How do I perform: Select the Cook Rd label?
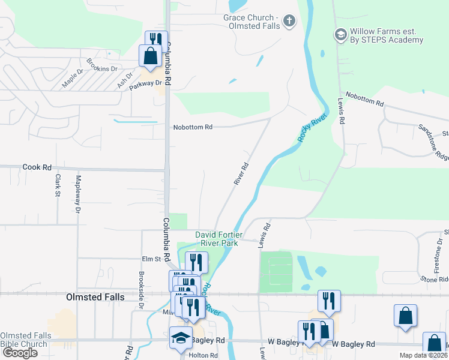pyautogui.click(x=37, y=167)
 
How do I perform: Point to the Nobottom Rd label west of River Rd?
pyautogui.click(x=193, y=127)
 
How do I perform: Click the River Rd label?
pyautogui.click(x=241, y=173)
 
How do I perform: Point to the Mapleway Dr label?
pyautogui.click(x=78, y=196)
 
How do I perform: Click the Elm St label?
pyautogui.click(x=152, y=259)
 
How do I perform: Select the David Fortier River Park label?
pyautogui.click(x=217, y=239)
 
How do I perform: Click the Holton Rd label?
pyautogui.click(x=202, y=355)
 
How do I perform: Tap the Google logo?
pyautogui.click(x=19, y=353)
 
